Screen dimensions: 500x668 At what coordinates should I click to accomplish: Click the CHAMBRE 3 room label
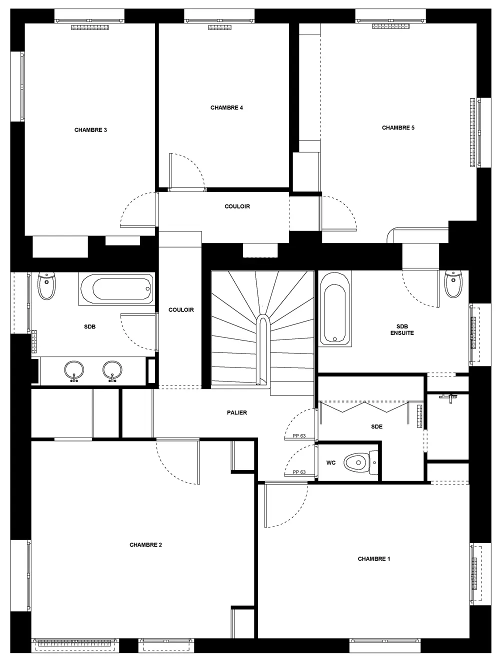[90, 130]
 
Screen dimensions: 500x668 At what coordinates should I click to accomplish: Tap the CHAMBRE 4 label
[226, 107]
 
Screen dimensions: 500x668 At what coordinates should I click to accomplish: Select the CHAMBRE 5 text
[398, 127]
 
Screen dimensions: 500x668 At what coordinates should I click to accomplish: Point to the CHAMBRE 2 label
[145, 544]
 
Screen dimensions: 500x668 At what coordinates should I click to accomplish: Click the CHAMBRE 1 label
[373, 558]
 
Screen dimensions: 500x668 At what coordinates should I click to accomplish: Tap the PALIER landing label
[237, 412]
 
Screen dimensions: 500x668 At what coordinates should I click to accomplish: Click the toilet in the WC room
[361, 462]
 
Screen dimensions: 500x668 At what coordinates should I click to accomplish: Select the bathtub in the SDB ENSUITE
[335, 308]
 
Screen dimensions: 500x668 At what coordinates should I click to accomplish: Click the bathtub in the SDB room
[117, 289]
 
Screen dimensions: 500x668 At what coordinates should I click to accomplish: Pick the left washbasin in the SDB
[74, 370]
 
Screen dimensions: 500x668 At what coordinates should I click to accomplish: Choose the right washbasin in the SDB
[112, 370]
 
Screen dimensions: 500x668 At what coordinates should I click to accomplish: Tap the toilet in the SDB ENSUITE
[453, 284]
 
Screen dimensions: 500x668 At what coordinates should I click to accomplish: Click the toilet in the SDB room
[46, 286]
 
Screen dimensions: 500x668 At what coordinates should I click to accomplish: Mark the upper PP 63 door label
[299, 435]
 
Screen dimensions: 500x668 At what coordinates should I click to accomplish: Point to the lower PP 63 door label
[299, 472]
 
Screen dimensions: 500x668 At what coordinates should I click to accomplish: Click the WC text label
[331, 462]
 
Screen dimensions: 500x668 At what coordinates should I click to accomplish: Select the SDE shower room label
[376, 426]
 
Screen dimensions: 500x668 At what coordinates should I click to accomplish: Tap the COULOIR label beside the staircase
[181, 309]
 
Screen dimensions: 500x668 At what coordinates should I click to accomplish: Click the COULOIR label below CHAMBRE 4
[237, 206]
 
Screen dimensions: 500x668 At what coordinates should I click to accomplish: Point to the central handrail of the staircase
[262, 350]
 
